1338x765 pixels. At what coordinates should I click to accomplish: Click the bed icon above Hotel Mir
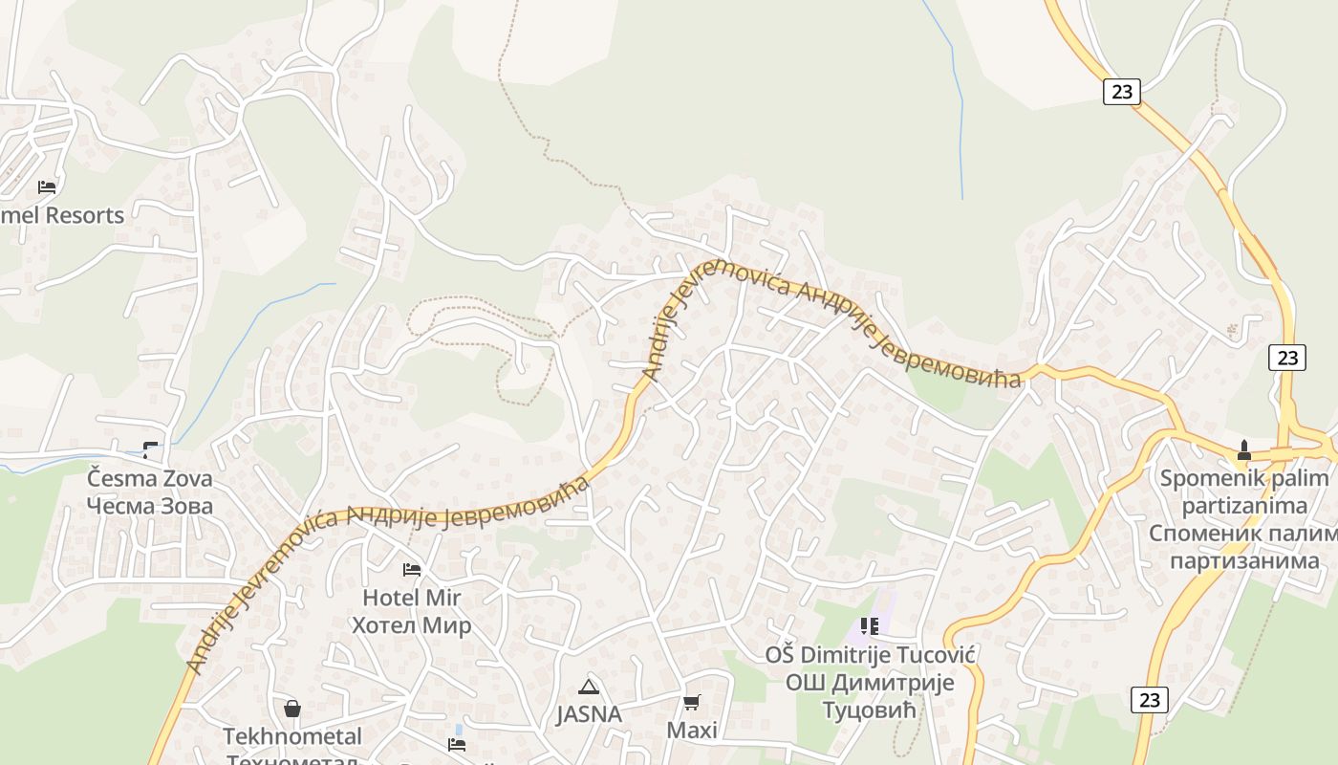(412, 570)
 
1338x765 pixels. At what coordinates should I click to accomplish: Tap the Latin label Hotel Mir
(411, 598)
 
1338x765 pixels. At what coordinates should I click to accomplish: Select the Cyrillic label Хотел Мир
(411, 625)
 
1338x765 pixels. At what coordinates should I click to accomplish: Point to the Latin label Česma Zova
(150, 478)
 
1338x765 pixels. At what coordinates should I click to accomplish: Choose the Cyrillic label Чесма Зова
(150, 506)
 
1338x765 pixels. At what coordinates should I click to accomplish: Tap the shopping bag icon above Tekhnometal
(292, 709)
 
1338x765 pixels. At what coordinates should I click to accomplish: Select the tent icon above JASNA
(589, 686)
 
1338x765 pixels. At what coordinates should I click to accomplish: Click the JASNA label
(589, 714)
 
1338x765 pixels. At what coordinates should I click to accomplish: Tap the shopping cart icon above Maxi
(692, 703)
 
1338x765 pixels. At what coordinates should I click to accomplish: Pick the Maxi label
(692, 731)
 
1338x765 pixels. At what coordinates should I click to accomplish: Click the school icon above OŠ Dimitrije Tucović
(869, 626)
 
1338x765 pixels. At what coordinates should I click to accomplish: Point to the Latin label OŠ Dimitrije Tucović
(869, 655)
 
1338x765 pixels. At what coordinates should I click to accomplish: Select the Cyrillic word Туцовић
(869, 710)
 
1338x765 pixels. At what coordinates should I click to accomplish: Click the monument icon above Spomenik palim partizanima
(1243, 449)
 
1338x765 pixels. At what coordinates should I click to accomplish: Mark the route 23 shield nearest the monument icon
(1287, 358)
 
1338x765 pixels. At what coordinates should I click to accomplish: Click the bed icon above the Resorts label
(47, 186)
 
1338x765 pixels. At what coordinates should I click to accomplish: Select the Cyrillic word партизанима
(1244, 560)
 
